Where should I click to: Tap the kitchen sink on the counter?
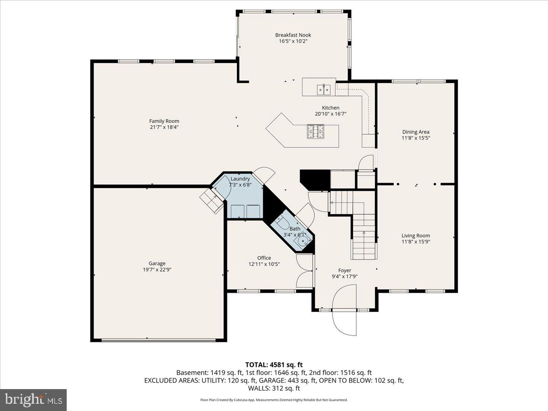(324, 88)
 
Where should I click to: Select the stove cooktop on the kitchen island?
(316, 132)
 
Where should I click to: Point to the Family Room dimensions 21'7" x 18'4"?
(164, 127)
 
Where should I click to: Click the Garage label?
(157, 263)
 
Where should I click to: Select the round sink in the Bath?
(303, 240)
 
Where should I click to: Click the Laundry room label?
(240, 179)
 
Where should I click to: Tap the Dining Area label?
(416, 132)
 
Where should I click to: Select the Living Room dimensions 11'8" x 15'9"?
(416, 242)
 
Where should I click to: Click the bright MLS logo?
(33, 400)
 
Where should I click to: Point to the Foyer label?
(345, 270)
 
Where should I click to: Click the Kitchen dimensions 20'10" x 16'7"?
(330, 114)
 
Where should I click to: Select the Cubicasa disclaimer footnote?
(274, 400)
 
